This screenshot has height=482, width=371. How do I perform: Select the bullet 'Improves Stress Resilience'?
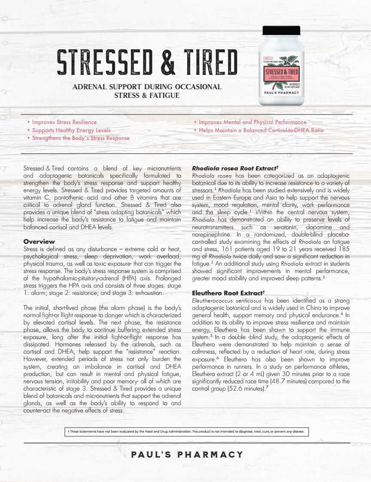64,122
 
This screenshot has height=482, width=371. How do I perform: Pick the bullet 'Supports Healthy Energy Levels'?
71,130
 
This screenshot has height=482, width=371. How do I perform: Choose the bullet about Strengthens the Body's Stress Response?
80,138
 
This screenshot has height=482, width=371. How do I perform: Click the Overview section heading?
39,242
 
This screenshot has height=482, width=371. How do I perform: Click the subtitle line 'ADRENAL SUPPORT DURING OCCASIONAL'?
147,87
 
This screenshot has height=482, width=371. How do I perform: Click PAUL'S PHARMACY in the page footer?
187,455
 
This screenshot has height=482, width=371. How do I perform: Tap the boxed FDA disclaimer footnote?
185,432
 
